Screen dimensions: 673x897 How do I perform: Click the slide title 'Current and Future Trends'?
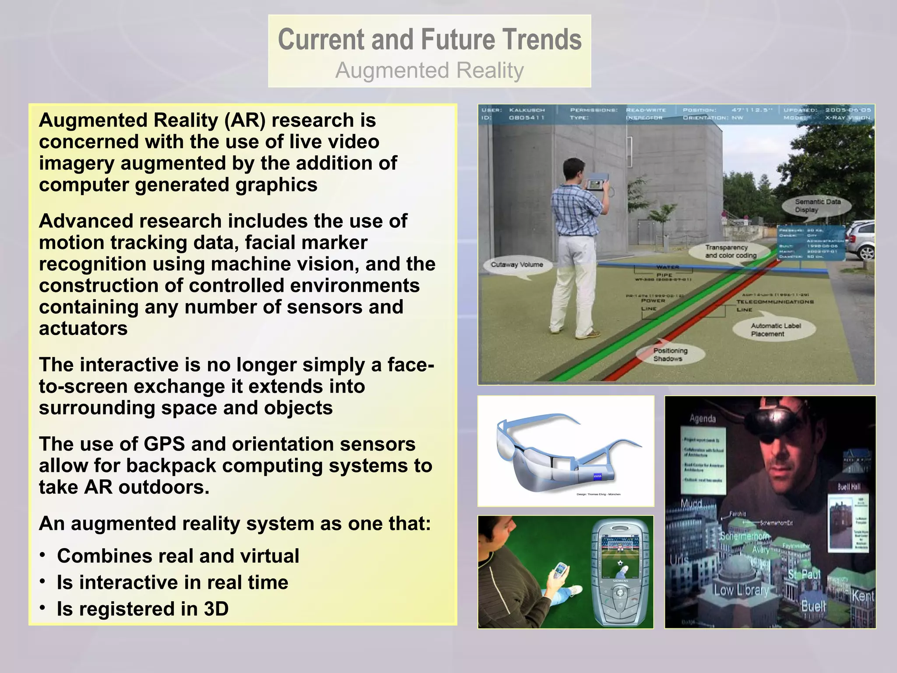429,39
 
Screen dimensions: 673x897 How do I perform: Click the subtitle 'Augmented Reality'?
429,71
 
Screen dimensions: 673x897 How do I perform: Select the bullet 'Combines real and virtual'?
178,556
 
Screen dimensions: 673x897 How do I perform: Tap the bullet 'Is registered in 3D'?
142,609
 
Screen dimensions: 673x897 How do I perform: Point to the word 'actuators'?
83,329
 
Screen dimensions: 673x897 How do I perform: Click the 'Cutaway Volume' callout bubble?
517,265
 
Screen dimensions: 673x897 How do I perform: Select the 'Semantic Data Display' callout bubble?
817,205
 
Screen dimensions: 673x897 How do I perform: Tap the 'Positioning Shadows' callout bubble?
670,354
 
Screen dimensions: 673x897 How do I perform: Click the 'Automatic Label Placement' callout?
776,329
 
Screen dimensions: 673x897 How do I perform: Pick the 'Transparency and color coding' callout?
731,251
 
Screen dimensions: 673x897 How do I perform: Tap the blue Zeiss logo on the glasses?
597,477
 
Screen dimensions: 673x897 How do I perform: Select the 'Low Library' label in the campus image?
741,590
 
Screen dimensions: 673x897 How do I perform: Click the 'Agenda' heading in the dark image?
703,419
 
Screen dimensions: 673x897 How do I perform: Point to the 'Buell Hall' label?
849,487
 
